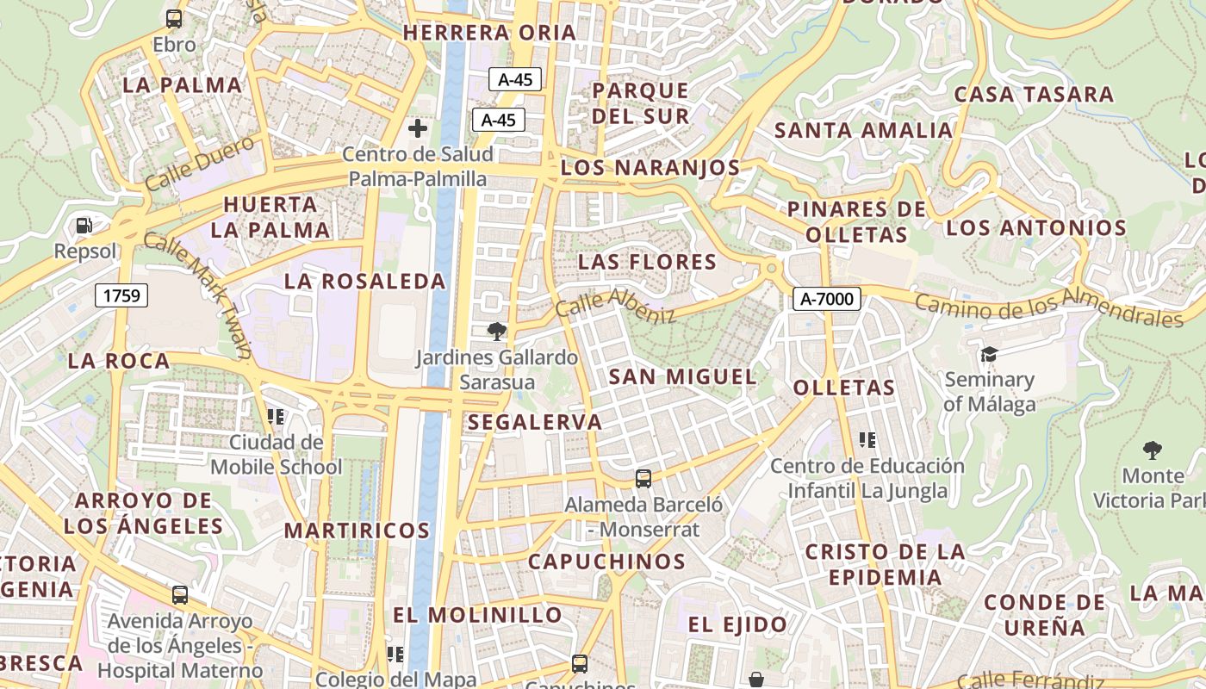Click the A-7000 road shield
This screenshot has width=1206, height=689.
827,299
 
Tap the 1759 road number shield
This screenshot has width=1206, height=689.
121,295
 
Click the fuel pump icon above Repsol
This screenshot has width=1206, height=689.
84,226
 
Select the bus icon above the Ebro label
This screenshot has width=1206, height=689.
174,19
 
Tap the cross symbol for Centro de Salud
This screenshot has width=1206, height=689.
418,129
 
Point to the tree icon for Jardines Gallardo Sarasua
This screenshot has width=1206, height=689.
496,332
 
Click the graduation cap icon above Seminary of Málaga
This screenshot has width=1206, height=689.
989,354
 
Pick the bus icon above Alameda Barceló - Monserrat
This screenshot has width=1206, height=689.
643,479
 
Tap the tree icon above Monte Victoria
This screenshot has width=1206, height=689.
1152,450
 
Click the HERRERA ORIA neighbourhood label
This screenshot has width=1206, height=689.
490,33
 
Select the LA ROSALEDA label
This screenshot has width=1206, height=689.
365,281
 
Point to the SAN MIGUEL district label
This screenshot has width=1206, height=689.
683,376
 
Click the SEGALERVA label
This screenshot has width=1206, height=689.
535,422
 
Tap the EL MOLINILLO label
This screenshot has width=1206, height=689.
477,615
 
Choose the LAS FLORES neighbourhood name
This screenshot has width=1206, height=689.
647,261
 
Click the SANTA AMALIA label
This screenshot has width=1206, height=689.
863,131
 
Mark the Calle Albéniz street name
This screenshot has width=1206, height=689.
615,305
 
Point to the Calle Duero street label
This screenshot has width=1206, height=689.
200,163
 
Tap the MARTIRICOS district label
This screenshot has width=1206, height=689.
357,530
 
